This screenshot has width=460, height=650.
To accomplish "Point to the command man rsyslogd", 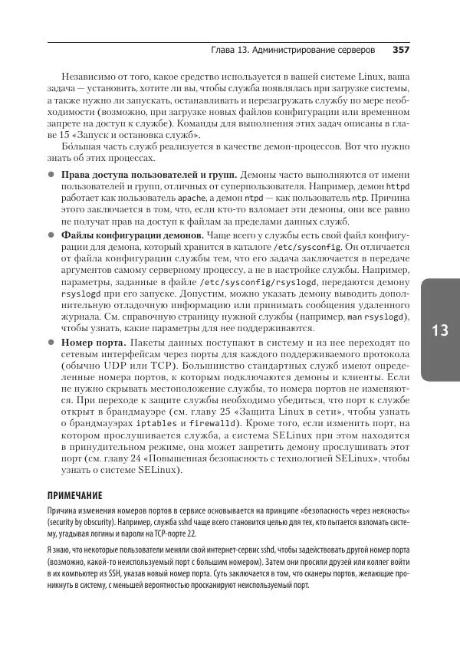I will click(374, 317).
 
